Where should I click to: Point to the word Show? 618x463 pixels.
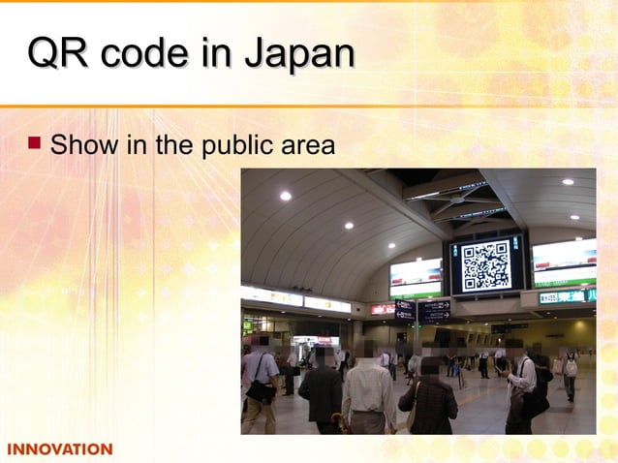click(x=77, y=146)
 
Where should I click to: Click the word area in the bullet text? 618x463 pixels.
click(x=307, y=146)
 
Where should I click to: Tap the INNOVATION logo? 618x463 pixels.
click(x=60, y=449)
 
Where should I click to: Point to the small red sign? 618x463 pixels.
click(x=381, y=309)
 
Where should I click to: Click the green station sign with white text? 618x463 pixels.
click(x=567, y=297)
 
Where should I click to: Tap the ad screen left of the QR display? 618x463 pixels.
click(x=416, y=278)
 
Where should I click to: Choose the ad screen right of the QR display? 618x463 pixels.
click(x=565, y=262)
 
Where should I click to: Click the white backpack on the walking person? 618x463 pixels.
click(x=571, y=367)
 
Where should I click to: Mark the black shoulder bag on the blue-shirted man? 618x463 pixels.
click(x=260, y=390)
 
